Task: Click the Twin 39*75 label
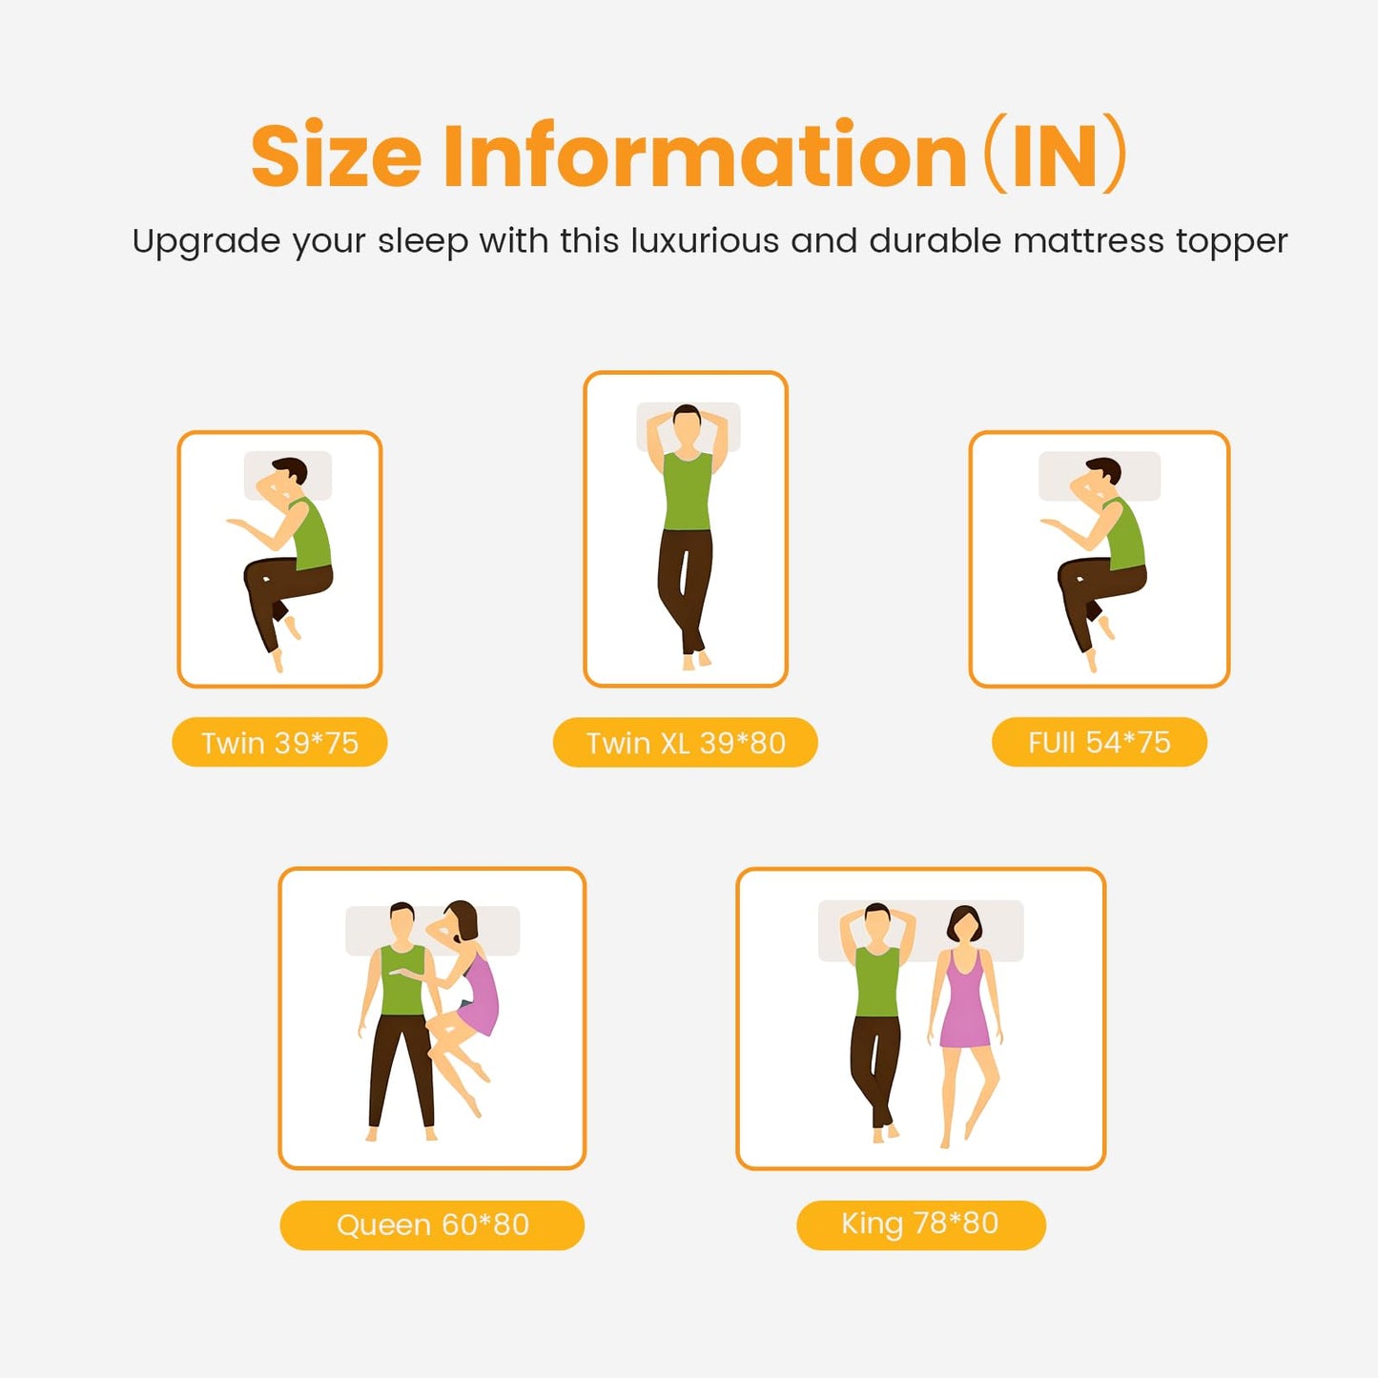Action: pyautogui.click(x=279, y=742)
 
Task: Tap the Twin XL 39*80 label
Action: pyautogui.click(x=685, y=742)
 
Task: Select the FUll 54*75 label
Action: pyautogui.click(x=1100, y=742)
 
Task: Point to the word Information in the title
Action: pyautogui.click(x=705, y=154)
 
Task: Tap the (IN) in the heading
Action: pyautogui.click(x=1055, y=154)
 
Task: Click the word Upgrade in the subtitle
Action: pyautogui.click(x=207, y=242)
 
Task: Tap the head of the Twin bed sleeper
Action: pyautogui.click(x=290, y=473)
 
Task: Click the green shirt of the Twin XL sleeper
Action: pyautogui.click(x=688, y=490)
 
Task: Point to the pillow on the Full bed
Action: pyautogui.click(x=1100, y=476)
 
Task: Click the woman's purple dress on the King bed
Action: pyautogui.click(x=965, y=999)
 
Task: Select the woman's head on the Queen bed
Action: pyautogui.click(x=462, y=920)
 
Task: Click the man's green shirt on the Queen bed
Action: pyautogui.click(x=401, y=979)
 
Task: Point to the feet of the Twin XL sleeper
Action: pyautogui.click(x=696, y=659)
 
